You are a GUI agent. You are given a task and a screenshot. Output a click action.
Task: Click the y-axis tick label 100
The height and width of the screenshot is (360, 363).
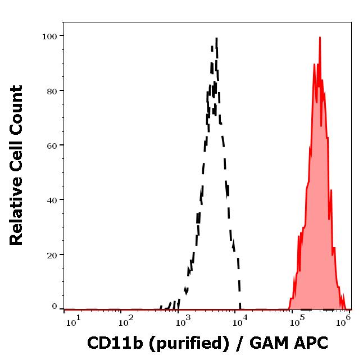pyautogui.click(x=50, y=36)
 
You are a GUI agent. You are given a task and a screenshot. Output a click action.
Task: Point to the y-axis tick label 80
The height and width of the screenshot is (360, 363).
pyautogui.click(x=52, y=90)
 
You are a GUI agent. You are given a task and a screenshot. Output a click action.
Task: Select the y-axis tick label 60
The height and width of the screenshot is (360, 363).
pyautogui.click(x=52, y=145)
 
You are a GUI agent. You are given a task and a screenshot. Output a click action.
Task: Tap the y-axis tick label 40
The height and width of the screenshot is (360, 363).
pyautogui.click(x=52, y=200)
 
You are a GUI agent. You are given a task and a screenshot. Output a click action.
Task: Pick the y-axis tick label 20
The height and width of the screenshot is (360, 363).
pyautogui.click(x=52, y=255)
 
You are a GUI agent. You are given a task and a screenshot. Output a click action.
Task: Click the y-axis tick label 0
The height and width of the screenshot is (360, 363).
pyautogui.click(x=55, y=307)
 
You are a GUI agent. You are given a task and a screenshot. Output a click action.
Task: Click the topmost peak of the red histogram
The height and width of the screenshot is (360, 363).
pyautogui.click(x=320, y=38)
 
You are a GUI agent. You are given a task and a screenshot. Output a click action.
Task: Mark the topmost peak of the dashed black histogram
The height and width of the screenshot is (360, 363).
pyautogui.click(x=216, y=39)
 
